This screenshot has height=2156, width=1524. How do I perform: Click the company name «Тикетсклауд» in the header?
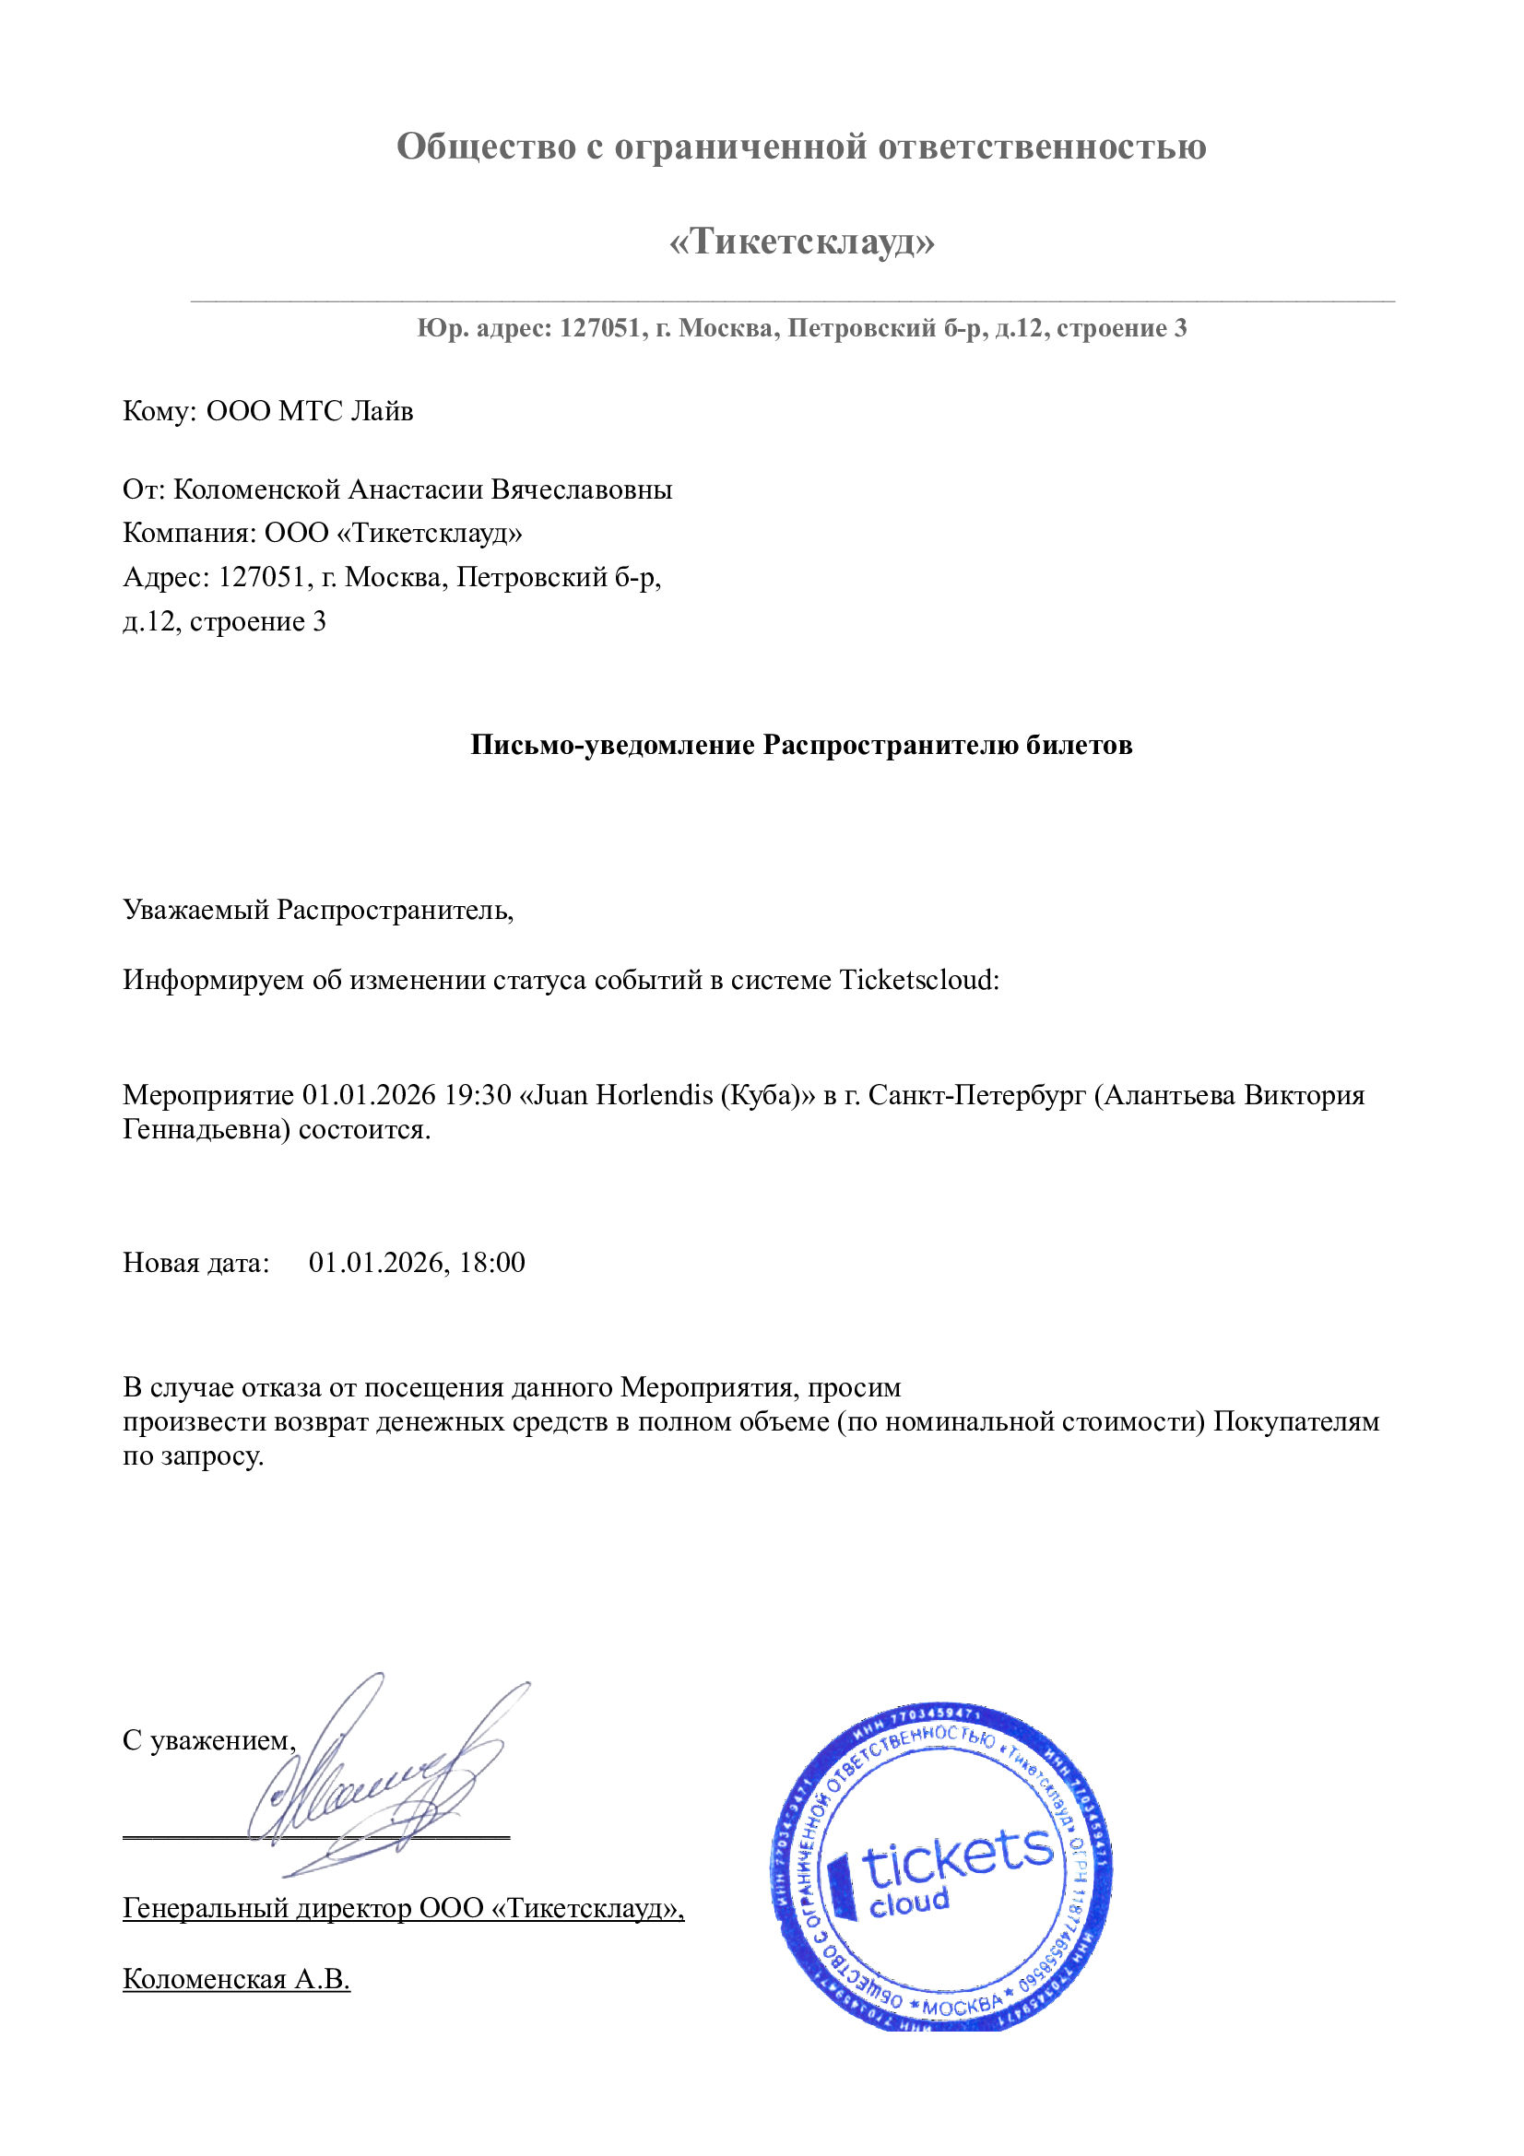[x=801, y=242]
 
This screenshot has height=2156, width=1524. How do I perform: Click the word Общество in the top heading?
[x=486, y=147]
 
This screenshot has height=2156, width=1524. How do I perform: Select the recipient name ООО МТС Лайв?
[x=309, y=411]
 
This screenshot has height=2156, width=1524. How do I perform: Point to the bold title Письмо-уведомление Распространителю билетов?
[x=801, y=745]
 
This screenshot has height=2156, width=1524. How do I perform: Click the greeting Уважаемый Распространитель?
[x=317, y=909]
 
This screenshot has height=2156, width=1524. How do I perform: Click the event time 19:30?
[x=478, y=1095]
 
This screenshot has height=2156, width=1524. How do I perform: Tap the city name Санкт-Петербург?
[x=976, y=1095]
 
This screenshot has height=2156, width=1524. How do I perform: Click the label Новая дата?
[x=195, y=1263]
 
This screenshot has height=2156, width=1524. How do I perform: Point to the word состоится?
[x=363, y=1129]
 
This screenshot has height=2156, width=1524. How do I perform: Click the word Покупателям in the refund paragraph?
[x=1296, y=1421]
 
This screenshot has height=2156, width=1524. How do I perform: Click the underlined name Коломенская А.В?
[x=236, y=1979]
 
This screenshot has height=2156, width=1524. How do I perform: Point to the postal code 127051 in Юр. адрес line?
[x=601, y=328]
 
